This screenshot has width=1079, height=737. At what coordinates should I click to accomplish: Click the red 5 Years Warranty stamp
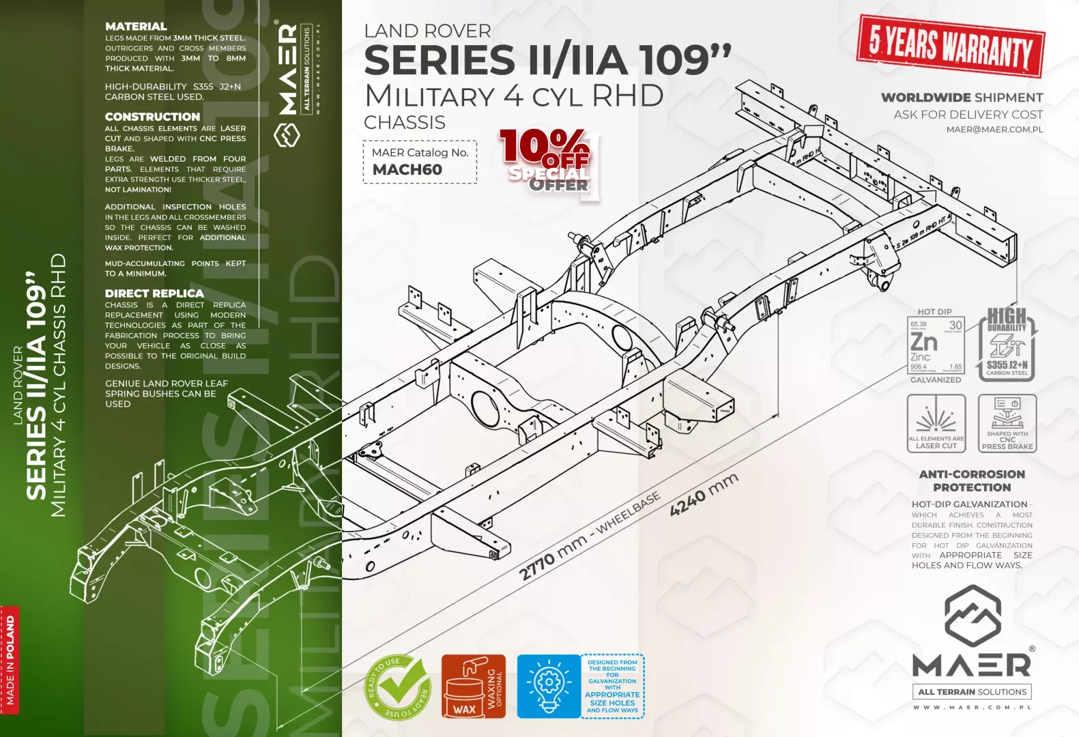[x=951, y=46]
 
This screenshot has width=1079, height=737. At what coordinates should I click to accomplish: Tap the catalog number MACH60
[x=407, y=170]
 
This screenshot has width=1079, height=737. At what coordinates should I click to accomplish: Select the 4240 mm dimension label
[x=704, y=495]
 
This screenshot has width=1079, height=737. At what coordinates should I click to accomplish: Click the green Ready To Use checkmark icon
[x=397, y=687]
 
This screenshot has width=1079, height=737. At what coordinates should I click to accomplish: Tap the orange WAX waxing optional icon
[x=473, y=687]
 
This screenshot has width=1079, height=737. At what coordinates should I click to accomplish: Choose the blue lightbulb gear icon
[x=548, y=686]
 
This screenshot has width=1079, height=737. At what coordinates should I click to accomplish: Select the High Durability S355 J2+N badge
[x=1007, y=343]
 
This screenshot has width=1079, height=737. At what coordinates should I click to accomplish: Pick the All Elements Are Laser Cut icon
[x=936, y=423]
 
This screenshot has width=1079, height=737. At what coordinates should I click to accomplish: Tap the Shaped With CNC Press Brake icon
[x=1007, y=423]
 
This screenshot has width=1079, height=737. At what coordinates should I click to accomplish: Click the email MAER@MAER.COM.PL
[x=994, y=130]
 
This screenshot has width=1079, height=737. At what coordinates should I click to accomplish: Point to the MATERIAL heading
[x=136, y=27]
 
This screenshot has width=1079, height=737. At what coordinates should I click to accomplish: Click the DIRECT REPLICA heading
[x=154, y=293]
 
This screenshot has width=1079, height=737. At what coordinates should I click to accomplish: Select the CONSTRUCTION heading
[x=152, y=117]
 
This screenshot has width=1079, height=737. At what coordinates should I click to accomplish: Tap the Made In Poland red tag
[x=10, y=659]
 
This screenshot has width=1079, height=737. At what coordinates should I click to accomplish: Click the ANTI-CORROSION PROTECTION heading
[x=972, y=480]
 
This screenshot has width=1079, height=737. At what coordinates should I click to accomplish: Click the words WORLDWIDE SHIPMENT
[x=962, y=98]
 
